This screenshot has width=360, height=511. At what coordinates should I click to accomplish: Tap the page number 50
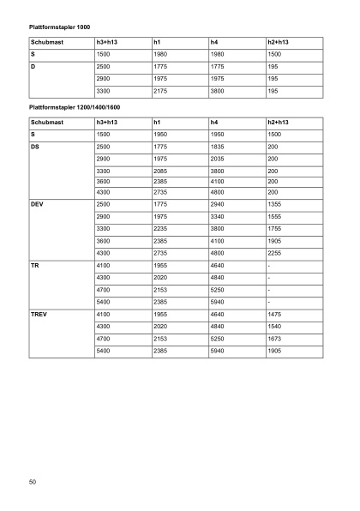[32, 483]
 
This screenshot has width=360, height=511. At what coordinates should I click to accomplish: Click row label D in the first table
[33, 66]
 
